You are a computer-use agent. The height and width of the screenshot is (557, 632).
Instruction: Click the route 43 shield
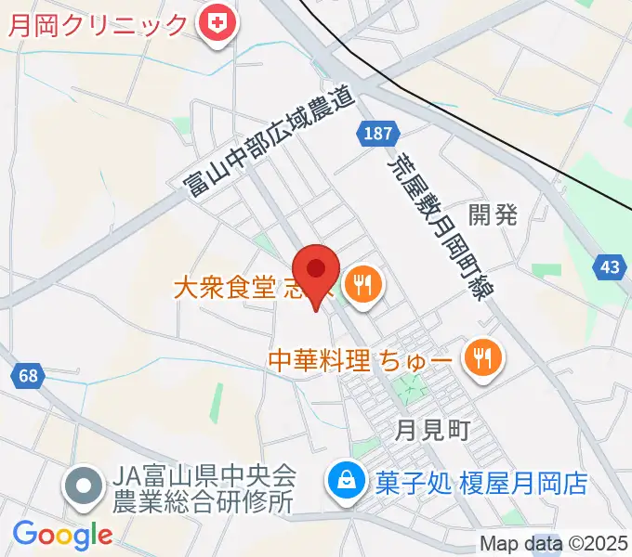609,267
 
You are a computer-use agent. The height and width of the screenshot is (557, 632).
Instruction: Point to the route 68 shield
28,375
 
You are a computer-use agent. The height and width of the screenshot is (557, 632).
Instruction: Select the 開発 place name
492,215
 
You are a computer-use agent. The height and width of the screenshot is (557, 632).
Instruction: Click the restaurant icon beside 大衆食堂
361,284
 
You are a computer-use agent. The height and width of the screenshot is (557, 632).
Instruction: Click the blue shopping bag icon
346,481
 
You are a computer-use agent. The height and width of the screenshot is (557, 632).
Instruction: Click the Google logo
62,534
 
